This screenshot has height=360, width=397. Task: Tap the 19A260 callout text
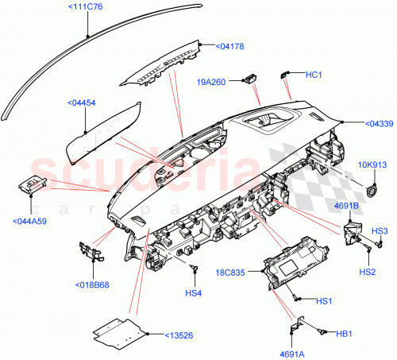tap(211, 81)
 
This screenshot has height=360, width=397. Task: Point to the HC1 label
tap(313, 75)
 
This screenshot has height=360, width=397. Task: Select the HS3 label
tap(380, 231)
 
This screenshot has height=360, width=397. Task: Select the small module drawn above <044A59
tap(31, 186)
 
